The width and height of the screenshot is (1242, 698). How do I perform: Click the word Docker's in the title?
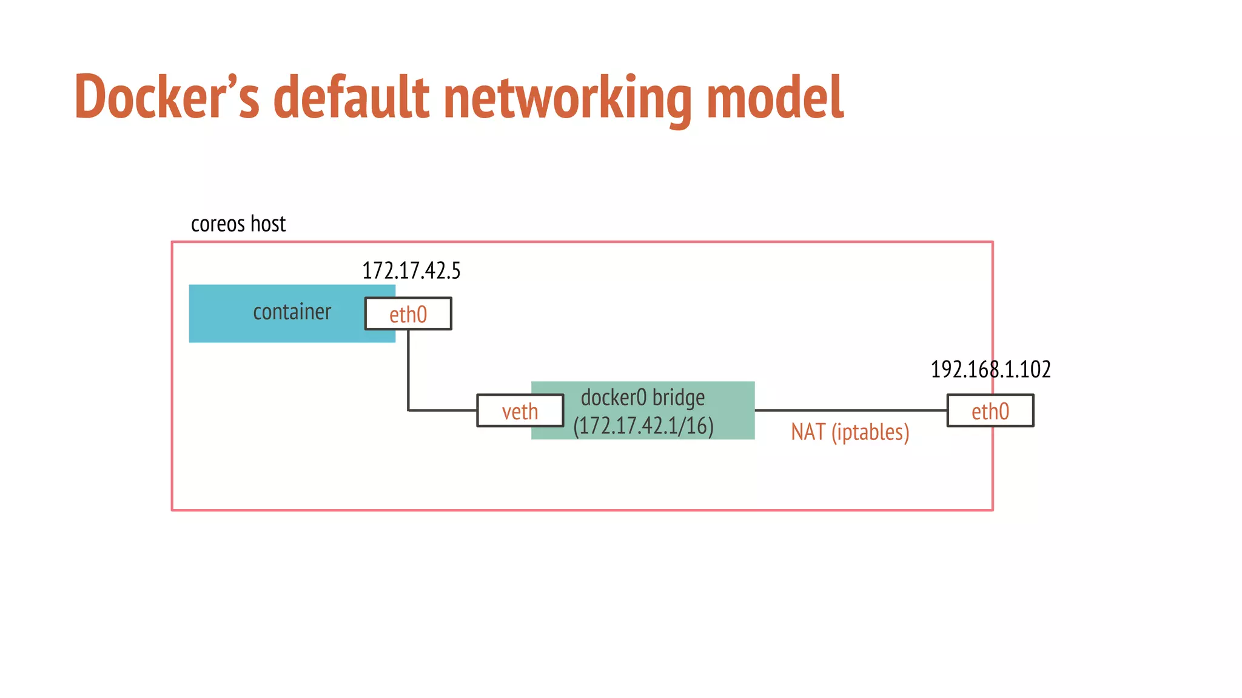point(167,97)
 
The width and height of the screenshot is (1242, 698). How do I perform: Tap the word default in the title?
point(351,97)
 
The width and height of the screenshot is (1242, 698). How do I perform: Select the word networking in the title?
point(567,97)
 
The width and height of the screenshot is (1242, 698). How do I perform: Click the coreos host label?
point(238,224)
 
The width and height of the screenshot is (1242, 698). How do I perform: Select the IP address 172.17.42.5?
point(411,270)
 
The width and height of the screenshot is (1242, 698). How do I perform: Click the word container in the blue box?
point(292,312)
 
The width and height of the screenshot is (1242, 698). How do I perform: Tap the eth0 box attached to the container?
point(408,314)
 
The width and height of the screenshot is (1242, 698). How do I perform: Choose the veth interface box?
point(520,411)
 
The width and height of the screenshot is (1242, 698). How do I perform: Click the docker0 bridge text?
point(642,397)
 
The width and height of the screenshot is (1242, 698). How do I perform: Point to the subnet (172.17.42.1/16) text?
point(643,425)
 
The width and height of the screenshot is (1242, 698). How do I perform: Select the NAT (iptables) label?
point(850,432)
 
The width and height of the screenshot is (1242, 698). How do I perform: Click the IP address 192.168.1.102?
point(990,369)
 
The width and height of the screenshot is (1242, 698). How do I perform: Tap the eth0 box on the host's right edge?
point(990,411)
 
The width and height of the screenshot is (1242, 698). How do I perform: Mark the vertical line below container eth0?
point(408,370)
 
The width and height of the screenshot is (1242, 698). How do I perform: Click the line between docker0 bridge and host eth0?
point(849,410)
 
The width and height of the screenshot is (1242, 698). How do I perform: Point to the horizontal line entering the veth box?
point(443,410)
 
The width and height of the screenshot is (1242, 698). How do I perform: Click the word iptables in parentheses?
point(870,432)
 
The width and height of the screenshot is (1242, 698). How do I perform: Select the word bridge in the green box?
point(679,397)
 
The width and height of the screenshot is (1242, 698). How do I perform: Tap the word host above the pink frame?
point(268,224)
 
